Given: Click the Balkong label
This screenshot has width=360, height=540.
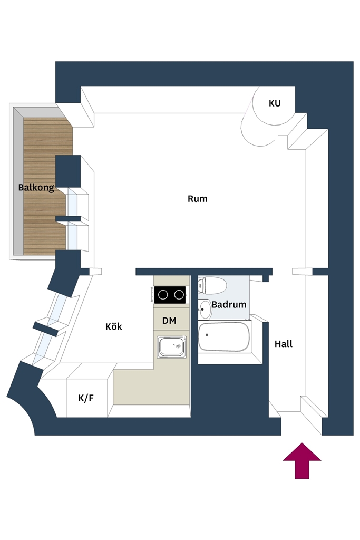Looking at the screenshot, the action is [x=36, y=188].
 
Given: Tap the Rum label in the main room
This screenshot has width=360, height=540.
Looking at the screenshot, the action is [x=198, y=199].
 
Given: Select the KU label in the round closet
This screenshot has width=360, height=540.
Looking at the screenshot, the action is [x=275, y=103].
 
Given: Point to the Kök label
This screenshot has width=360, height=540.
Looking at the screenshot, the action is [x=113, y=326].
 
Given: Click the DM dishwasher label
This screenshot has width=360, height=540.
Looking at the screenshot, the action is [x=169, y=321].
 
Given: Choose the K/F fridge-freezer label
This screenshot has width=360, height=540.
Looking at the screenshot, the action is [x=86, y=398].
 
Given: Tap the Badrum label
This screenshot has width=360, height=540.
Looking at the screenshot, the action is [x=229, y=304].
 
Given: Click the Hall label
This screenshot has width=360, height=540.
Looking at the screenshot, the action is [x=284, y=344].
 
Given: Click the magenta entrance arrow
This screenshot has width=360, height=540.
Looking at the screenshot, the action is [x=302, y=461].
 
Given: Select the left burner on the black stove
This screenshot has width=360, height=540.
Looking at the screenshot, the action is [x=163, y=295].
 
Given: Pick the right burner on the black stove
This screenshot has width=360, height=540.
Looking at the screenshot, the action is [x=179, y=295].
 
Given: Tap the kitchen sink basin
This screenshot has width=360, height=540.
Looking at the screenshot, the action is [x=172, y=347].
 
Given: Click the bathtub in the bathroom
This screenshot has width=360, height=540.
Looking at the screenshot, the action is [x=223, y=337].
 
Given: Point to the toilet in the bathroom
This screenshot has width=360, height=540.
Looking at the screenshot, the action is [x=213, y=285].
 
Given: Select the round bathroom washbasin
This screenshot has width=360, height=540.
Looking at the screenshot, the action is [x=205, y=309].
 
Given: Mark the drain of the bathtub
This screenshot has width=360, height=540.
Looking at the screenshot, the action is [x=207, y=335].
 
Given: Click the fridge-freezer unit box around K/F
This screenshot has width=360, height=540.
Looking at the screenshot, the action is [x=87, y=398].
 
